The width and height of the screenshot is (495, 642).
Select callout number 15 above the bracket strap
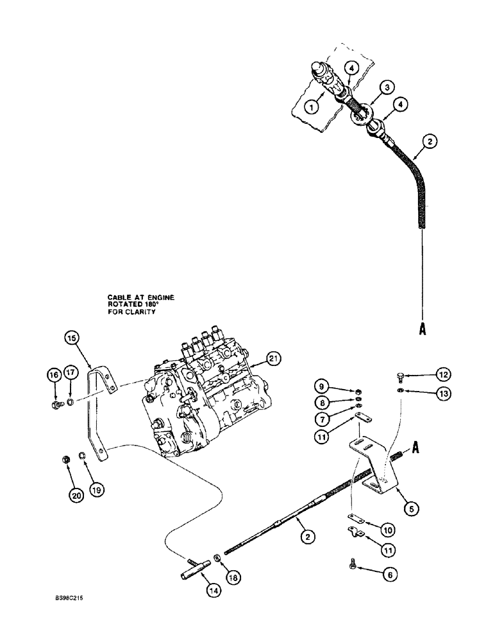coord(72,338)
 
